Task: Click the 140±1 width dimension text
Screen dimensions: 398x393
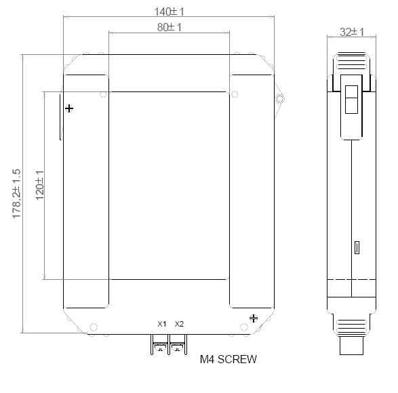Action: point(169,12)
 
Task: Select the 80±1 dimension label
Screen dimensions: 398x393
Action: point(170,27)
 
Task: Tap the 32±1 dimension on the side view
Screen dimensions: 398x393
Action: point(352,33)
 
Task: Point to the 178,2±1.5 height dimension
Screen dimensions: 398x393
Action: point(16,194)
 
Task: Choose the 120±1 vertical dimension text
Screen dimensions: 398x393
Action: point(40,186)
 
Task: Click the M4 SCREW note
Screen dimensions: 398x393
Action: point(228,359)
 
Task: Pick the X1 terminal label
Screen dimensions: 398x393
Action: point(161,324)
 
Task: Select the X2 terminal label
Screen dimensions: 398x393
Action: point(179,324)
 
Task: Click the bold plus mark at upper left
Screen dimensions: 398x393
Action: point(69,108)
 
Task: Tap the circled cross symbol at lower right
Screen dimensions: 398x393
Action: point(254,318)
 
